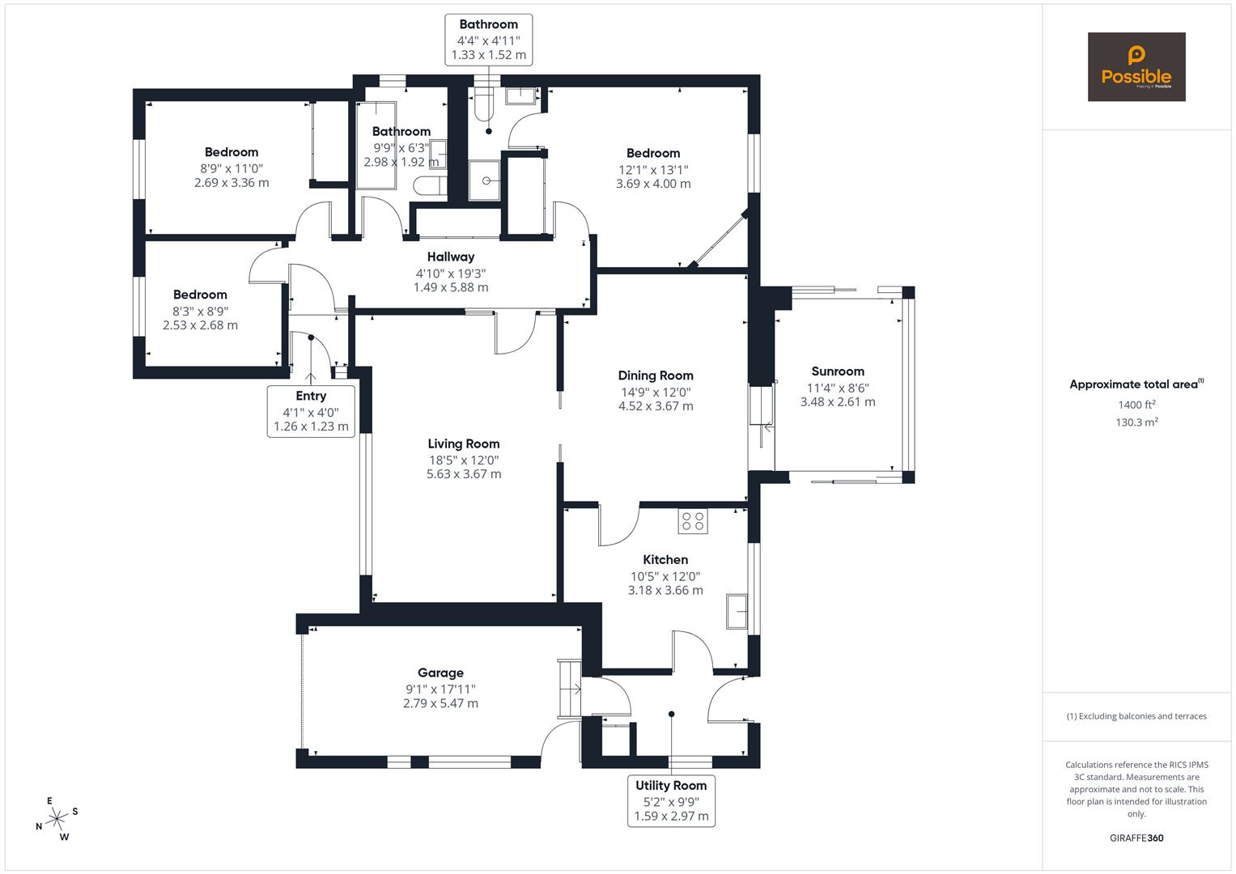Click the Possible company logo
click(1136, 66)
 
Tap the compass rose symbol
click(57, 819)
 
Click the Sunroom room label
click(838, 371)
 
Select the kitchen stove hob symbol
click(693, 520)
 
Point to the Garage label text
click(440, 672)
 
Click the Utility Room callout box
click(671, 800)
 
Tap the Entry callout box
click(311, 410)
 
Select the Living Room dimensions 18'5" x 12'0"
click(464, 460)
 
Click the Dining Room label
click(656, 375)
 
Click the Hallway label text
click(451, 257)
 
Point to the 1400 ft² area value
click(1136, 405)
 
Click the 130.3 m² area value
click(1136, 422)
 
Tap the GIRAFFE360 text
click(1136, 838)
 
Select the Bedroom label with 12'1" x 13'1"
click(653, 153)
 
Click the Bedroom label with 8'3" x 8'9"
click(200, 295)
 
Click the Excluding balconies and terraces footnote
click(1136, 716)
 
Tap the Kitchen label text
click(665, 559)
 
